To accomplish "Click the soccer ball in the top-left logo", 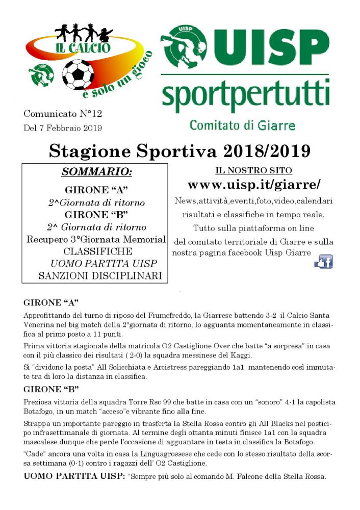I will click(x=78, y=74).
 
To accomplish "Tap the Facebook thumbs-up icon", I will click(x=324, y=262).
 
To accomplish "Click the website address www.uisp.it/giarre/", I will click(x=254, y=184).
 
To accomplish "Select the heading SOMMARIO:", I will click(x=96, y=172).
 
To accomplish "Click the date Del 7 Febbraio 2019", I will click(x=63, y=127).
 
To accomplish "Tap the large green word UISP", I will click(x=270, y=45).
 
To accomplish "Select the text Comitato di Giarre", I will click(x=242, y=124).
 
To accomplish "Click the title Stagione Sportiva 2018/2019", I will click(x=180, y=150).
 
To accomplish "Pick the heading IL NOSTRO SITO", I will click(x=253, y=170).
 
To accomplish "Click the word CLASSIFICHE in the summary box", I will click(x=98, y=251).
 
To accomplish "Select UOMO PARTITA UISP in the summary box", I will click(x=104, y=264).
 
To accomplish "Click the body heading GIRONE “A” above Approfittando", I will click(x=51, y=302).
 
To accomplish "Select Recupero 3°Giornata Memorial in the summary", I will click(x=96, y=239).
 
